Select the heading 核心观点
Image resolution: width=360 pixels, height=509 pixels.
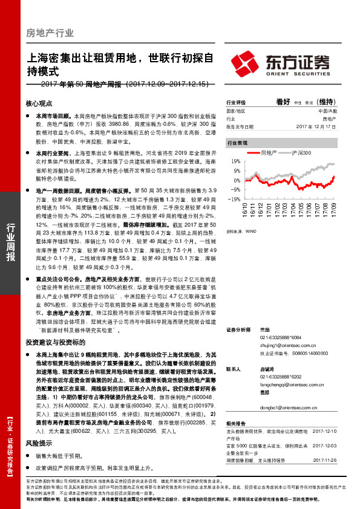(40, 103)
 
